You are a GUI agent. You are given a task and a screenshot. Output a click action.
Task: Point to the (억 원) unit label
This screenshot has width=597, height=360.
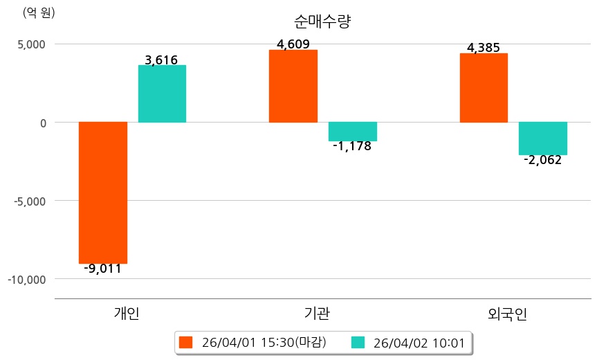39,12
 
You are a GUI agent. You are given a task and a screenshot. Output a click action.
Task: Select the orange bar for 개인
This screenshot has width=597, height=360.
103,192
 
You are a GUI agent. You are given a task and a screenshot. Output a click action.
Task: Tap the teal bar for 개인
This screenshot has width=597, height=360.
162,93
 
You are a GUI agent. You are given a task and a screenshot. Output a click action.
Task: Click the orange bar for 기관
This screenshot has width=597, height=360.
293,86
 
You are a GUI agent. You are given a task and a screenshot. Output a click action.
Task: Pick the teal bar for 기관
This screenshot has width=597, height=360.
353,132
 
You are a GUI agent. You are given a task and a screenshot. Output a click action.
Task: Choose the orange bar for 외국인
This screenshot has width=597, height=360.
484,88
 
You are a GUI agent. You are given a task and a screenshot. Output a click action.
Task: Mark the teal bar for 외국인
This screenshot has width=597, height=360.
543,138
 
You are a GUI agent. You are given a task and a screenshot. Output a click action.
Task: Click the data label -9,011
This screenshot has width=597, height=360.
102,269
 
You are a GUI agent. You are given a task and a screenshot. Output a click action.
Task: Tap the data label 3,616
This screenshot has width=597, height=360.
162,60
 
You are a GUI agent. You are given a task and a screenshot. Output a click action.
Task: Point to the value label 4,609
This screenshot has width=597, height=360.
293,45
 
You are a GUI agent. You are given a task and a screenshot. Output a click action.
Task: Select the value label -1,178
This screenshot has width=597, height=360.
352,146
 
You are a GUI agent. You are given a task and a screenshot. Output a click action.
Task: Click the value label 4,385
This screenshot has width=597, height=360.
484,48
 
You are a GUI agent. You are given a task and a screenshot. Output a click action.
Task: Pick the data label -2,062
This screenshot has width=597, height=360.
543,160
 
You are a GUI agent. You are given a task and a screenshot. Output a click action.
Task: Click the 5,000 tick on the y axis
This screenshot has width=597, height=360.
31,44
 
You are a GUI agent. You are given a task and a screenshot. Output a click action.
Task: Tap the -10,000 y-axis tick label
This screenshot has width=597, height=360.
26,279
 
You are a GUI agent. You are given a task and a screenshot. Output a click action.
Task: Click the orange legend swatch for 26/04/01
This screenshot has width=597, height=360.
185,342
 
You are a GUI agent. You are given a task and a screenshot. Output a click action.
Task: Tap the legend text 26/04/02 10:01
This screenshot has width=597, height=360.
419,342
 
